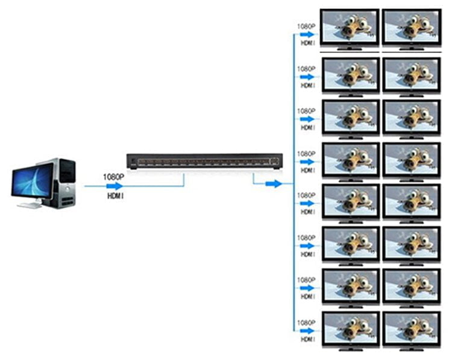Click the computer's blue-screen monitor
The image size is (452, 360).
click(x=33, y=181)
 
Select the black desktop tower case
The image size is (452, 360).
click(x=62, y=183)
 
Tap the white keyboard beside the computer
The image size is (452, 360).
click(x=30, y=206)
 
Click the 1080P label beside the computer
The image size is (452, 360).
click(x=113, y=177)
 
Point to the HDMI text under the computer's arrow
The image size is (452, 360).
click(x=116, y=196)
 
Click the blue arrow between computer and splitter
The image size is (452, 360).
click(x=115, y=186)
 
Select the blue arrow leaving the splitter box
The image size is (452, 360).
click(x=274, y=183)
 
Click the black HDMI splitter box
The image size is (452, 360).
click(x=205, y=161)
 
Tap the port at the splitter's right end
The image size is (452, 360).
click(x=274, y=162)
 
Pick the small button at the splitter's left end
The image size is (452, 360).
click(x=133, y=161)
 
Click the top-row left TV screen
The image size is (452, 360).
click(x=350, y=27)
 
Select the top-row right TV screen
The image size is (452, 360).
click(x=412, y=27)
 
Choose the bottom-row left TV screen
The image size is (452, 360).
click(x=351, y=329)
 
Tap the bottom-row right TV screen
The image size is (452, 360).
click(x=412, y=329)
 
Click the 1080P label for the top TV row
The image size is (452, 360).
click(x=306, y=27)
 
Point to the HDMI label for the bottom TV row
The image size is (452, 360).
click(x=307, y=339)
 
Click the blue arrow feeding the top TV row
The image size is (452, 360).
click(x=307, y=34)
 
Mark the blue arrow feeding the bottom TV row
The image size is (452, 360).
click(x=307, y=330)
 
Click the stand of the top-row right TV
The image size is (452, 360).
click(x=412, y=48)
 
